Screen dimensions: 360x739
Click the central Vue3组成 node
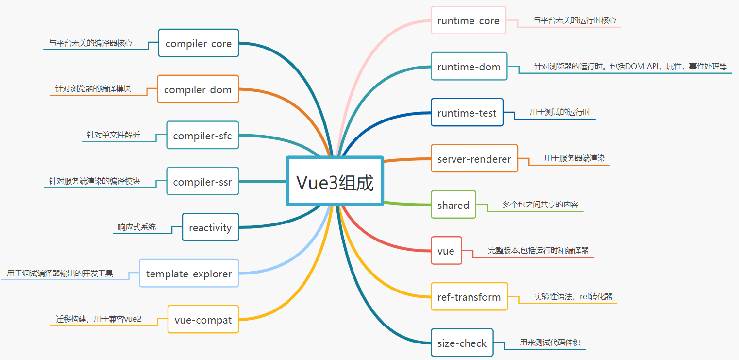[x=335, y=181]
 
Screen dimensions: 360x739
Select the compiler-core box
[x=199, y=43]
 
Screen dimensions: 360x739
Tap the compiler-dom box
[x=198, y=89]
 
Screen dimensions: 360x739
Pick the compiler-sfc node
[x=202, y=136]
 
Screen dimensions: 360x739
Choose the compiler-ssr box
[x=202, y=182]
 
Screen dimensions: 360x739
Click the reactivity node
[x=210, y=227]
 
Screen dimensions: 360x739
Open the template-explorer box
[x=189, y=274]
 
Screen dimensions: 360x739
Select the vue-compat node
[x=203, y=320]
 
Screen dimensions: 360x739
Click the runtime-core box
[x=468, y=20]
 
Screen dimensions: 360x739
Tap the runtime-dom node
[x=469, y=67]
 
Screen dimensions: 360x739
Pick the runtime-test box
[x=467, y=113]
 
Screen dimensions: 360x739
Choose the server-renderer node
[x=474, y=159]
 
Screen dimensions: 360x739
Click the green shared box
[x=453, y=205]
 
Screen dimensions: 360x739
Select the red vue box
[x=446, y=251]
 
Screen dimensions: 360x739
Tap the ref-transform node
[x=469, y=297]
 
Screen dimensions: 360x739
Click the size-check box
[x=461, y=343]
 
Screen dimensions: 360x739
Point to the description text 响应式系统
[x=137, y=227]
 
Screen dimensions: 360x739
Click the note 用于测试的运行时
[x=559, y=112]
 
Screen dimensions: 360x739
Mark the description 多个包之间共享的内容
[x=540, y=205]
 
